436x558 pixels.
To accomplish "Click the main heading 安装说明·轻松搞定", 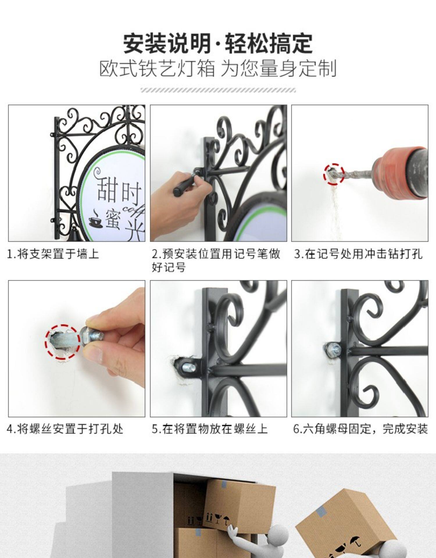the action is click(218, 44).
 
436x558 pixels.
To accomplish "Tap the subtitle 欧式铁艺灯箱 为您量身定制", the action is click(218, 68).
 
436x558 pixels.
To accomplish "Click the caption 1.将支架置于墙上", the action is click(53, 254).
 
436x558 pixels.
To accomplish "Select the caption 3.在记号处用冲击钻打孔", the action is click(358, 254).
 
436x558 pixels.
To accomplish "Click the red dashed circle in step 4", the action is click(63, 342).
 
